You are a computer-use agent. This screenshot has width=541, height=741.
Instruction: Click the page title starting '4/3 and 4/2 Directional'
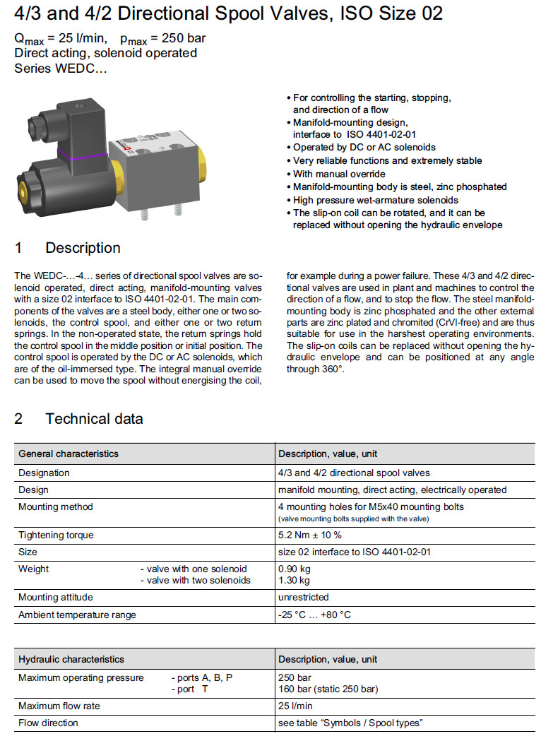tap(228, 13)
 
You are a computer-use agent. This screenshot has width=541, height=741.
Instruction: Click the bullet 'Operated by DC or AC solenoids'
tap(364, 148)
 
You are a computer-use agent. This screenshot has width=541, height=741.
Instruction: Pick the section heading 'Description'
tap(83, 248)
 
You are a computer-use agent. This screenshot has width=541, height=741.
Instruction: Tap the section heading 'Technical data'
tap(94, 419)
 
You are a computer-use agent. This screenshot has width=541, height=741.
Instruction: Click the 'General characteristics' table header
tap(69, 454)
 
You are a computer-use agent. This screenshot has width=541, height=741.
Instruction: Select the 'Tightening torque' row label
tap(56, 535)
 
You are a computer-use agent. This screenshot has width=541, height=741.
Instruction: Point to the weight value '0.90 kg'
tap(294, 569)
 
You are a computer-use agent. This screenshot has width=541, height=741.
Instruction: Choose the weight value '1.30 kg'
tap(294, 581)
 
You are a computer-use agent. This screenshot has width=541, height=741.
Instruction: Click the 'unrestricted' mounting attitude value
tap(304, 598)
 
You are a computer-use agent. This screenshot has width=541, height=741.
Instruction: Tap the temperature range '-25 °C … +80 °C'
tap(314, 615)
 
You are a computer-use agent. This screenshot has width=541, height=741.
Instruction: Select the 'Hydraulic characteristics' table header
tap(71, 659)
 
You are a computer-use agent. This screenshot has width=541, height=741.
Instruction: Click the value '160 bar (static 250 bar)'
tap(328, 689)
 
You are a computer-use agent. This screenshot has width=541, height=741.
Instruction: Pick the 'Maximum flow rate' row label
tap(59, 706)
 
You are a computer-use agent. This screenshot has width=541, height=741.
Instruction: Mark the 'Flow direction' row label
tap(49, 723)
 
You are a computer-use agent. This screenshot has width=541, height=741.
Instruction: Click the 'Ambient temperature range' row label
tap(77, 615)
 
